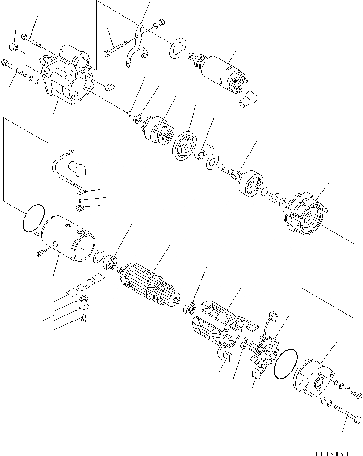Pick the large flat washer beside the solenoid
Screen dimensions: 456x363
(x=176, y=49)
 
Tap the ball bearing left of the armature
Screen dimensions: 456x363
(x=110, y=262)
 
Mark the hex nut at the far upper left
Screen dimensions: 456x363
(x=14, y=47)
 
